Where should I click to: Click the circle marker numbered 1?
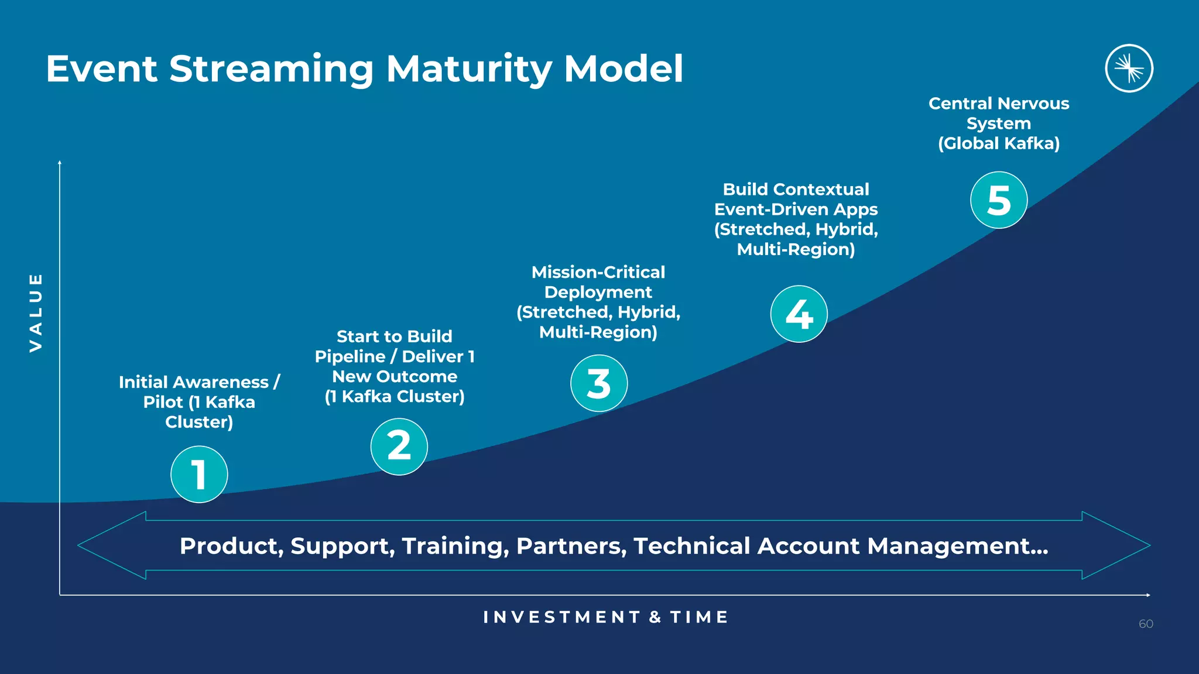coord(199,474)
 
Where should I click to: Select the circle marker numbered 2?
coord(399,446)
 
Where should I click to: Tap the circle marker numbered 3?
coord(599,383)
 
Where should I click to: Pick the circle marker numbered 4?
coord(799,314)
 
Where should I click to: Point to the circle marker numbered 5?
coord(999,200)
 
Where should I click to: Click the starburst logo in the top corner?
coord(1129,68)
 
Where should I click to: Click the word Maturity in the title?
coord(468,69)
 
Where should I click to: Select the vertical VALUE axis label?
coord(36,312)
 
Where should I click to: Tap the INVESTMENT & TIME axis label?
coord(606,617)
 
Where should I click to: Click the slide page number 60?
coord(1146,624)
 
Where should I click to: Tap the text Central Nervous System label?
coord(999,114)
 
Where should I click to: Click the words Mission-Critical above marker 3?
coord(598,272)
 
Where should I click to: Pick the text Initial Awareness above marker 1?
coord(193,382)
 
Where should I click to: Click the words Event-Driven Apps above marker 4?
coord(796,209)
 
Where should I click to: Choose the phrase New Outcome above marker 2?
coord(395,376)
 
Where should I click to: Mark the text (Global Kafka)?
coord(999,143)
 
